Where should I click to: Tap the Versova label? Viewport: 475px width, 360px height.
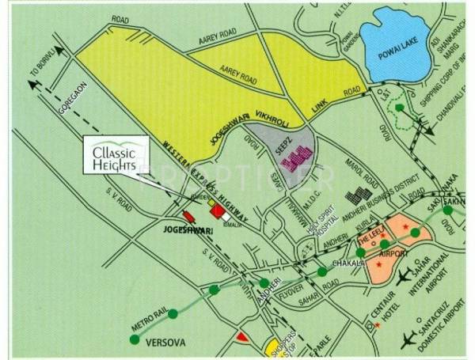coord(165,342)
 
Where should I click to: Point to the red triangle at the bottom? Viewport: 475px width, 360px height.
coord(242,339)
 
